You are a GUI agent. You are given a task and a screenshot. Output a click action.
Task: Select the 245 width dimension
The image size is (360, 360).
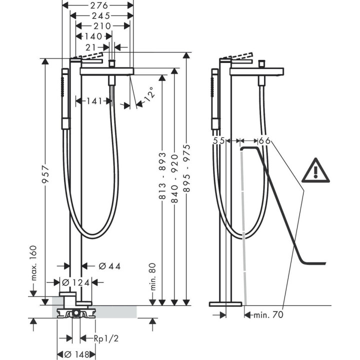click(100, 15)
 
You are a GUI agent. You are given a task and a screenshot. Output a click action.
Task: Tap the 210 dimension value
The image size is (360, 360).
click(103, 25)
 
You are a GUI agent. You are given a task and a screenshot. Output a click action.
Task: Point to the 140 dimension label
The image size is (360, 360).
click(92, 36)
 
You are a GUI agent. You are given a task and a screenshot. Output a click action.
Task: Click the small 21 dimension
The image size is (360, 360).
click(91, 46)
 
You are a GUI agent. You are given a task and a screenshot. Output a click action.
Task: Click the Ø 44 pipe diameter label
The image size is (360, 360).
click(109, 265)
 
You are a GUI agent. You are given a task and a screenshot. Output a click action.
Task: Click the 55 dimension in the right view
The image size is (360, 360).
click(219, 141)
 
